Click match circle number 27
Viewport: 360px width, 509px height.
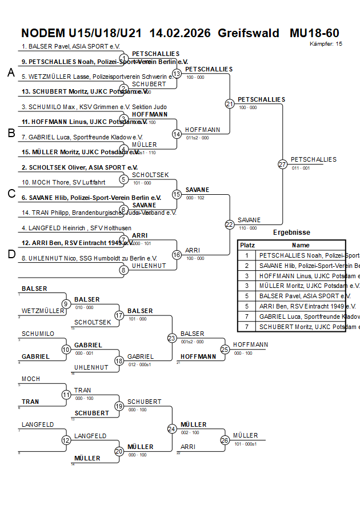point(282,165)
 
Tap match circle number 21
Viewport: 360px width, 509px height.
point(230,104)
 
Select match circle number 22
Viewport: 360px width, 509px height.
point(230,225)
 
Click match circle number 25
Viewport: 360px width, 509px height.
point(225,349)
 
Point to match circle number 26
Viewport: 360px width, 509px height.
point(225,440)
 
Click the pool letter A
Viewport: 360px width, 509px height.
point(10,73)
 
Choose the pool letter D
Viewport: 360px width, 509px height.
point(10,254)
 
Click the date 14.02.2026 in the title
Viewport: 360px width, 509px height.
point(179,33)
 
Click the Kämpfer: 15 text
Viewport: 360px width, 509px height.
point(326,43)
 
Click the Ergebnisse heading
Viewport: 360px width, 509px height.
point(291,233)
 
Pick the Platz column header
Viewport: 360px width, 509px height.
point(247,245)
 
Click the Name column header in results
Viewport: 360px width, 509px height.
point(301,245)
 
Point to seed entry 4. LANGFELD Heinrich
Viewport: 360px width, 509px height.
point(61,228)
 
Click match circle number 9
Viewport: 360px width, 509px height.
point(66,304)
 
